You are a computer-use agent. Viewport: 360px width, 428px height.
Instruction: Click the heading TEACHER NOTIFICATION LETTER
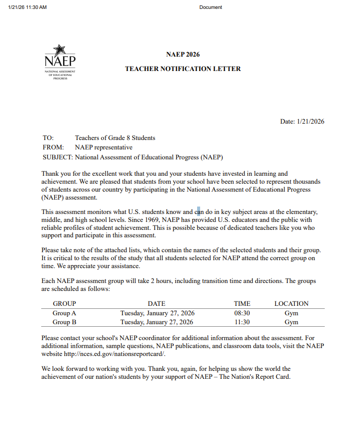(x=183, y=69)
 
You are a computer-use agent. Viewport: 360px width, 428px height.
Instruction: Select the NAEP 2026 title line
(x=183, y=54)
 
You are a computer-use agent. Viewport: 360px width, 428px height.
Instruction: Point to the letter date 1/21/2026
(x=310, y=121)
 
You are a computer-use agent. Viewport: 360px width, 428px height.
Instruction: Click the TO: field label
(x=48, y=138)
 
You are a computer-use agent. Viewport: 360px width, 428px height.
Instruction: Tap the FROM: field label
(x=53, y=147)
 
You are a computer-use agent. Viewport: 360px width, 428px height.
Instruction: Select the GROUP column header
(x=64, y=303)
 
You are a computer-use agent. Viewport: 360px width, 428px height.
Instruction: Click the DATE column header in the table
(x=156, y=303)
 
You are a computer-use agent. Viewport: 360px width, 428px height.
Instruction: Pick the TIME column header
(x=242, y=303)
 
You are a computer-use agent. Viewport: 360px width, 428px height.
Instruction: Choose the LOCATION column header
(x=291, y=303)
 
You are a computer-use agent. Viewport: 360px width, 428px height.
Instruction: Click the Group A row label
(x=64, y=313)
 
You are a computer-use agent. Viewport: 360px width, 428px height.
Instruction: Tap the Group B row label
(x=64, y=322)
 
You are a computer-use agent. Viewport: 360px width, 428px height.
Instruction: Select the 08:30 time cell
(x=242, y=313)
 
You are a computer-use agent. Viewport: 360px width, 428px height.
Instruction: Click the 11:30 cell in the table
(x=242, y=322)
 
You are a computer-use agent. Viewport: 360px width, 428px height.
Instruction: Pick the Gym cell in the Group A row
(x=291, y=313)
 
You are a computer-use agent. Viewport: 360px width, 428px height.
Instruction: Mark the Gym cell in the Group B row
(x=291, y=322)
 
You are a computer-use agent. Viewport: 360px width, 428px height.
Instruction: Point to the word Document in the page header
(x=211, y=7)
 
